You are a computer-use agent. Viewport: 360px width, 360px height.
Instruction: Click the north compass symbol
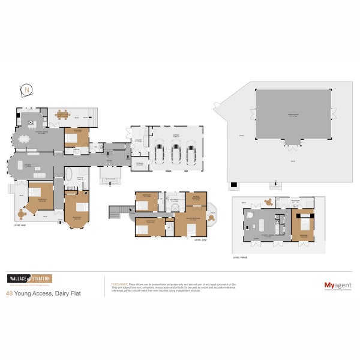[27, 91]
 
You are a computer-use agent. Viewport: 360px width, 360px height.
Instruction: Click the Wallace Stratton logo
[29, 278]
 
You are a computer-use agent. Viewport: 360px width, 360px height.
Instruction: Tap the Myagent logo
[337, 286]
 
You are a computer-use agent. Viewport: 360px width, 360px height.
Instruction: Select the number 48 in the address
[9, 293]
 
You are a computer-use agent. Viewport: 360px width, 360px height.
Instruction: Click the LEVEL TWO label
[200, 239]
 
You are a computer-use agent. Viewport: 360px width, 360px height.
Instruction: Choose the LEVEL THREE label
[241, 257]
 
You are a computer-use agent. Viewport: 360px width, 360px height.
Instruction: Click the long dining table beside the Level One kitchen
[25, 139]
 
